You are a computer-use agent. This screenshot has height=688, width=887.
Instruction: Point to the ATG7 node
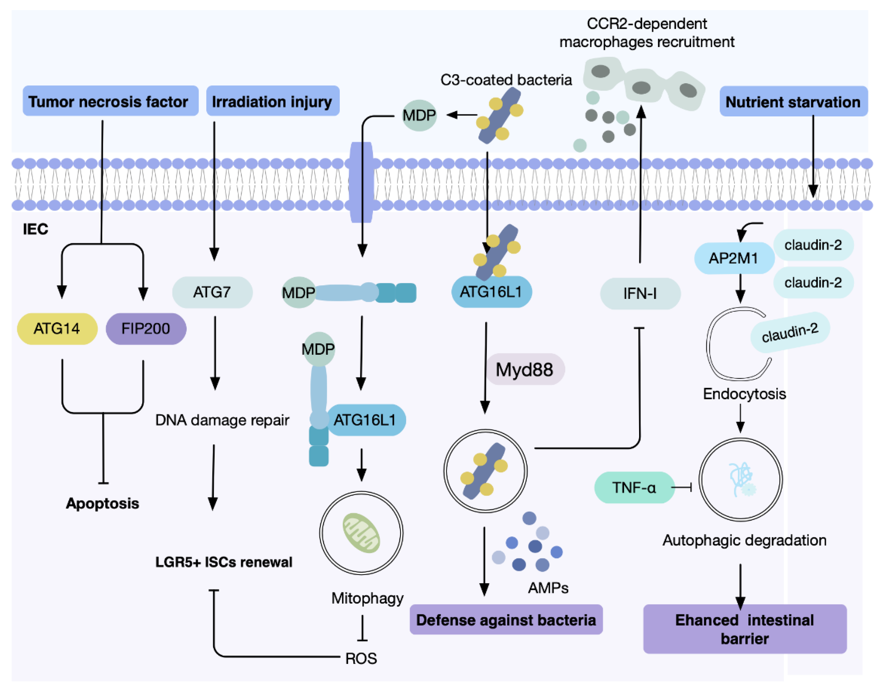pyautogui.click(x=212, y=292)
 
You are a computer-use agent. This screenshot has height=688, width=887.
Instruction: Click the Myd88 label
pyautogui.click(x=525, y=369)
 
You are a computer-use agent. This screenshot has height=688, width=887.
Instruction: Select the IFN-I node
pyautogui.click(x=640, y=293)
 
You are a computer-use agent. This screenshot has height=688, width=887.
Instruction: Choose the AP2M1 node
pyautogui.click(x=733, y=258)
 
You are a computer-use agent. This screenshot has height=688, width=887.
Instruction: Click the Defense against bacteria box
pyautogui.click(x=506, y=620)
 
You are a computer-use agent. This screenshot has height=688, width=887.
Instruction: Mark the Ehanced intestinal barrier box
pyautogui.click(x=745, y=629)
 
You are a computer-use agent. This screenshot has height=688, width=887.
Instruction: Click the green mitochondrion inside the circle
pyautogui.click(x=361, y=533)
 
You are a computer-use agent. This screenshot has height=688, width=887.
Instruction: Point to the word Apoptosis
pyautogui.click(x=103, y=503)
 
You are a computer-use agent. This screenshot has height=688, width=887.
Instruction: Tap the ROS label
pyautogui.click(x=361, y=658)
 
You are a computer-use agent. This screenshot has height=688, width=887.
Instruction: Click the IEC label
pyautogui.click(x=35, y=229)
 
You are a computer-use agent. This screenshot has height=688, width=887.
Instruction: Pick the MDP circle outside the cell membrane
pyautogui.click(x=419, y=116)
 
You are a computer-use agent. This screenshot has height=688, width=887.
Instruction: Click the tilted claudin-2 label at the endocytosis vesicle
pyautogui.click(x=790, y=332)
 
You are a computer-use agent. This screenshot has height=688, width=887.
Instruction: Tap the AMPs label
pyautogui.click(x=548, y=588)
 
